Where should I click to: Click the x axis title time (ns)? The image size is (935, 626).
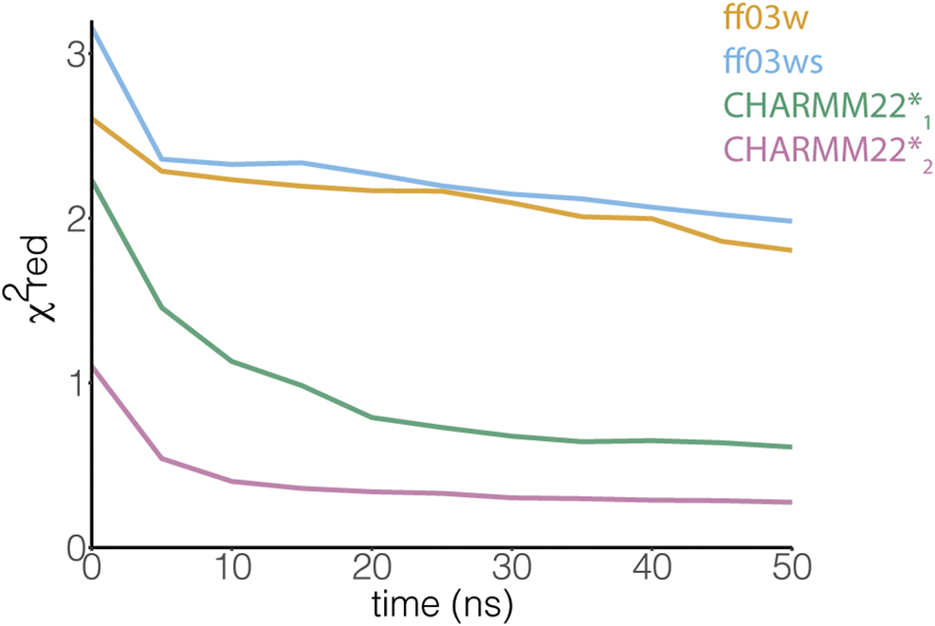[x=442, y=604]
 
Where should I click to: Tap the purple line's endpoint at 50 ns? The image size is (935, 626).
[x=791, y=502]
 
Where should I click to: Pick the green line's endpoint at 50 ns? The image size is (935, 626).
[x=791, y=447]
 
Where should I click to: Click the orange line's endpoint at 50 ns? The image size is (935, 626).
[x=791, y=250]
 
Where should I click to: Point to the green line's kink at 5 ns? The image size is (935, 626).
[x=161, y=307]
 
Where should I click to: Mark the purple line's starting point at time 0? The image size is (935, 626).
[x=93, y=367]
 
